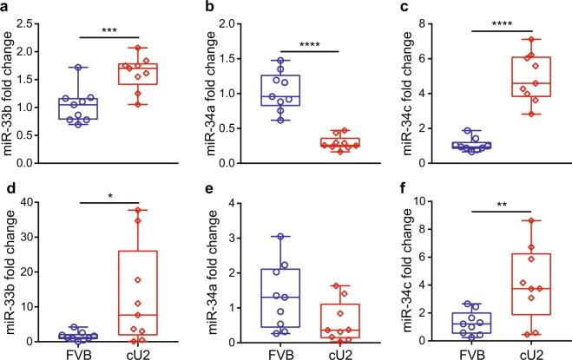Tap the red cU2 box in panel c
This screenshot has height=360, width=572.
pos(536,88)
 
